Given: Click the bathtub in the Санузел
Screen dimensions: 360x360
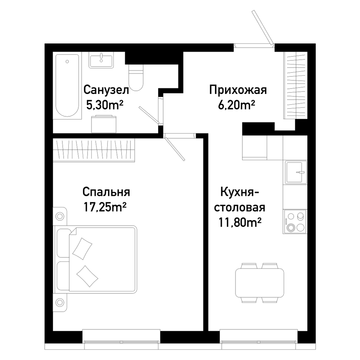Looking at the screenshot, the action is [x=67, y=86].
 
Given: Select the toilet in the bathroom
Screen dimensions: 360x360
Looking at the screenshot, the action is [x=136, y=78].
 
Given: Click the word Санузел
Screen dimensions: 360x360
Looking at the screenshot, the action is [x=106, y=90].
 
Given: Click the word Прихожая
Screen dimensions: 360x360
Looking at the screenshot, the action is [x=238, y=90].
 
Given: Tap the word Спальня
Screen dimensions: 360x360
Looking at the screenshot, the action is [x=106, y=192].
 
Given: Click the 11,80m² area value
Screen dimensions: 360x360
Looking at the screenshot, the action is [x=240, y=222].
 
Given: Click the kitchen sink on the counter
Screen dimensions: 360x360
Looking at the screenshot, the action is [x=296, y=172].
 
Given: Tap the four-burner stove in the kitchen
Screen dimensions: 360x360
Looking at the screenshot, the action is [x=295, y=222].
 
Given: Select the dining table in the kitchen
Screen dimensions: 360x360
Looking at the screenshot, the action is [x=260, y=283].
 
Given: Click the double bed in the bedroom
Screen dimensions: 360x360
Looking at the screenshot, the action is [x=95, y=260].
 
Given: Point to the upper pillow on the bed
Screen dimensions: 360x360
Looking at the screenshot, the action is [x=82, y=249].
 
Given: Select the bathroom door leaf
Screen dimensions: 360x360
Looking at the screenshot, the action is [x=149, y=115].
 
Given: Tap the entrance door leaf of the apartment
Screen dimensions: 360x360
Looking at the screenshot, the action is [x=262, y=27].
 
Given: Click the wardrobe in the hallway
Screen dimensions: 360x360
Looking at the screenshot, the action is [x=296, y=85].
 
